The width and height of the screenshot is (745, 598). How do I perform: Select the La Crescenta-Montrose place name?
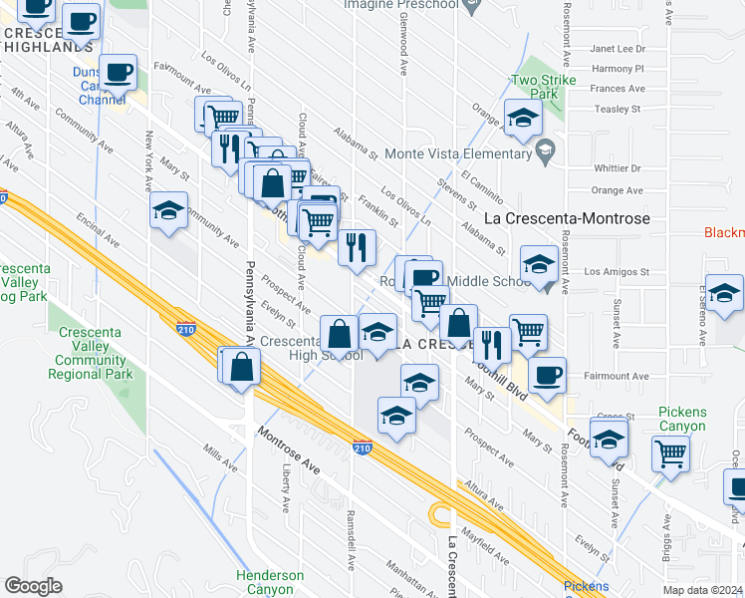pyautogui.click(x=566, y=218)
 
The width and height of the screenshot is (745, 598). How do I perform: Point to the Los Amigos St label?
pyautogui.click(x=616, y=271)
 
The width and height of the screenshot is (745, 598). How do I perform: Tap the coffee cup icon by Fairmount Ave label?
pyautogui.click(x=546, y=376)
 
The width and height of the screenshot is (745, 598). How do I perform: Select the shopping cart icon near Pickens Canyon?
pyautogui.click(x=670, y=452)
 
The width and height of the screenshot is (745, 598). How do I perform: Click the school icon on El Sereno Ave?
pyautogui.click(x=724, y=293)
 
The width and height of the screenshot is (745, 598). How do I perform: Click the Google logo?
pyautogui.click(x=34, y=586)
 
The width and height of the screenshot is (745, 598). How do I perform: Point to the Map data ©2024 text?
pyautogui.click(x=703, y=590)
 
